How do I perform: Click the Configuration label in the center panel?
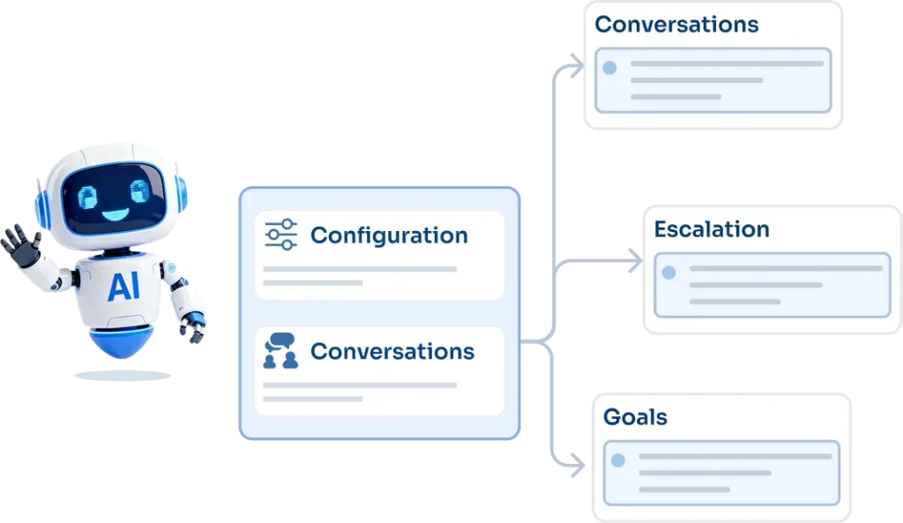[389, 235]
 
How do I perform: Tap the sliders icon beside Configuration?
[281, 235]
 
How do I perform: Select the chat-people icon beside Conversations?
[280, 351]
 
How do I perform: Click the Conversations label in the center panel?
[392, 351]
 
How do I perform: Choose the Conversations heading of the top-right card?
[676, 24]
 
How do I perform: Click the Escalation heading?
[712, 229]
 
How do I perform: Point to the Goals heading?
[635, 416]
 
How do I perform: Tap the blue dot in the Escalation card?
[669, 273]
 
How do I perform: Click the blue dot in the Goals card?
[618, 460]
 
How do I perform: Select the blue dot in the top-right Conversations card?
[609, 67]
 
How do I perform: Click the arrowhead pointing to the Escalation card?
[636, 262]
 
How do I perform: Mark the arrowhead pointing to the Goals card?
[578, 464]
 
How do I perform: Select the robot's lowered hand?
[191, 330]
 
